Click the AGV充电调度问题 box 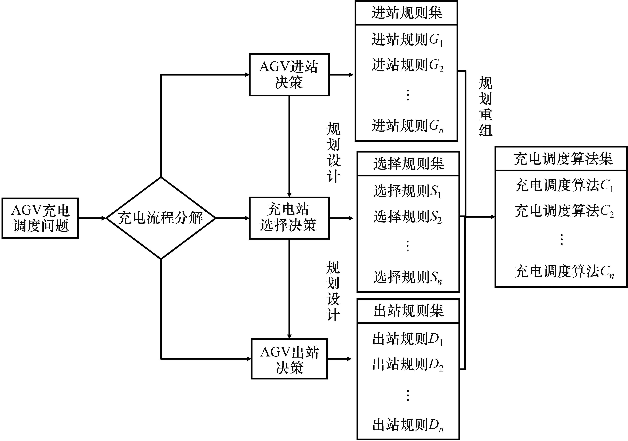[40, 218]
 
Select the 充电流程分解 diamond [161, 218]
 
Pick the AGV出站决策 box [289, 359]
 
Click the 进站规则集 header [406, 13]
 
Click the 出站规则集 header [408, 311]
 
